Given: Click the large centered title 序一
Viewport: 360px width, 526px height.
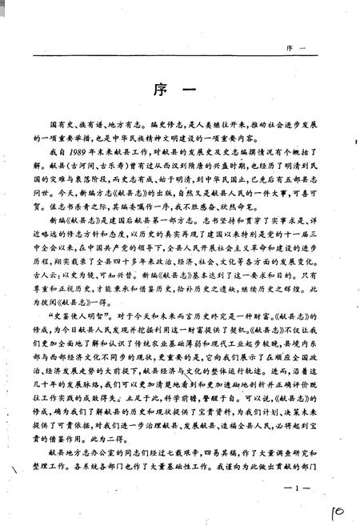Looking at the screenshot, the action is [179, 88].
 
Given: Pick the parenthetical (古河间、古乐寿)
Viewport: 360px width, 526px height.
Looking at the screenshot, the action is [92, 164].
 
